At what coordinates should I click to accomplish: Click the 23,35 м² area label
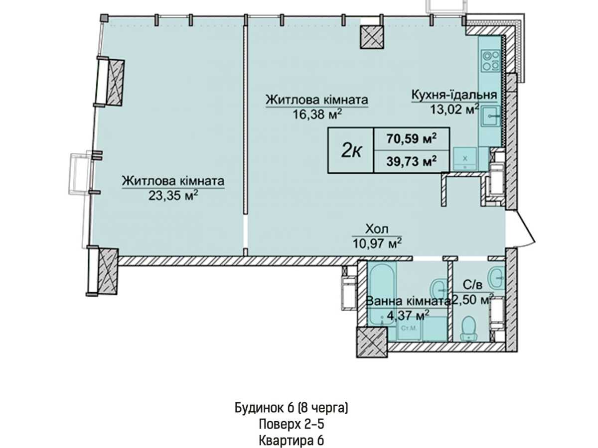[173, 195]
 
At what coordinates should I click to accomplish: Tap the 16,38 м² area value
[317, 114]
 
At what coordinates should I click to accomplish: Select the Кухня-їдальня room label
[454, 95]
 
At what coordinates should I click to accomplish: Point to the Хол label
[377, 229]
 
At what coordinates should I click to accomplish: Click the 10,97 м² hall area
[377, 243]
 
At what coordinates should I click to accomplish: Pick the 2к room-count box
[351, 150]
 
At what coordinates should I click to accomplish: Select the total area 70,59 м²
[412, 139]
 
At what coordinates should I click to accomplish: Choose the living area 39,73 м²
[412, 162]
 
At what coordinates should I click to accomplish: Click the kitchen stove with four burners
[491, 61]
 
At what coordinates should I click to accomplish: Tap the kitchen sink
[490, 116]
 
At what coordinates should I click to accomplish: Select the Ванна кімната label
[408, 301]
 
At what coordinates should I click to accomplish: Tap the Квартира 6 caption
[291, 440]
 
